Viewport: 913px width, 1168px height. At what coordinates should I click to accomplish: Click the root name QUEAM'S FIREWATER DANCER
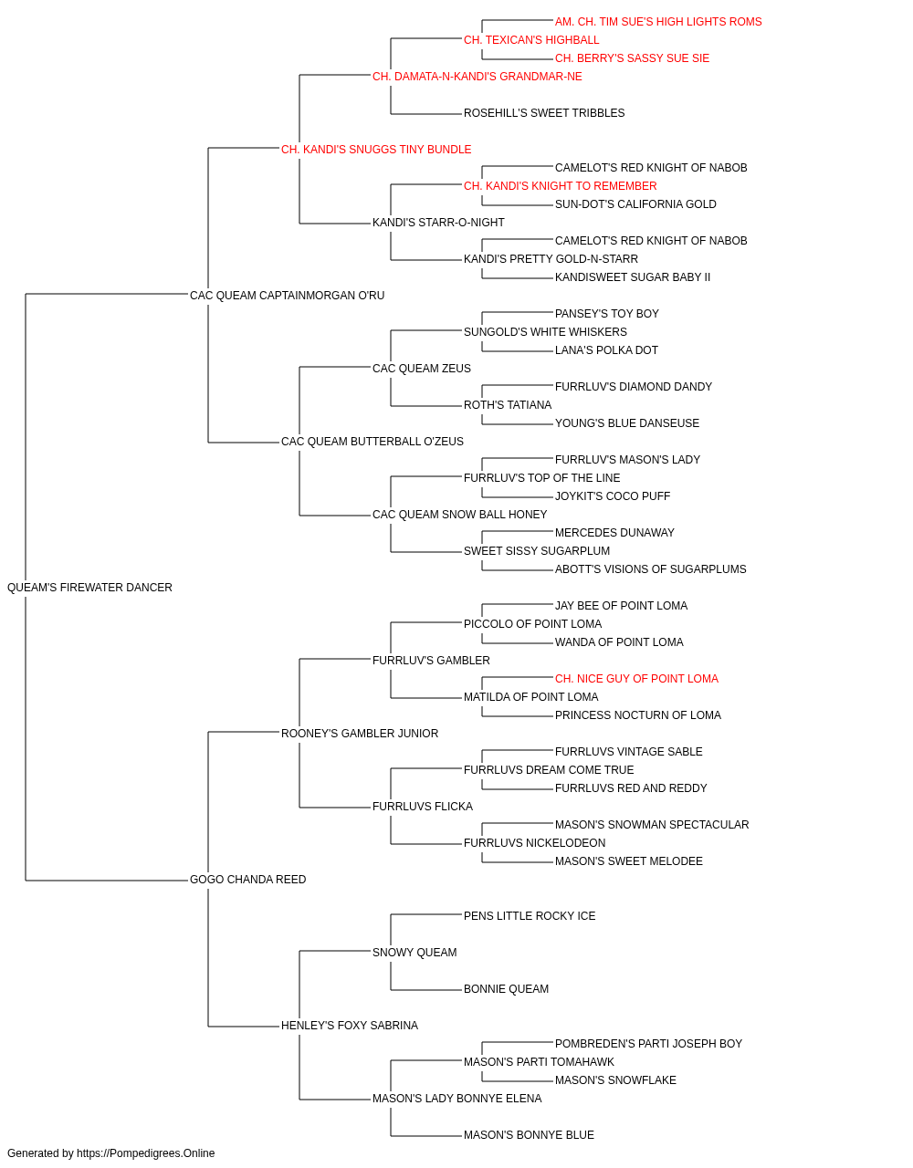(89, 588)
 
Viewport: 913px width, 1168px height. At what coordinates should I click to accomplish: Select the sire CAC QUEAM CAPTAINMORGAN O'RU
(287, 296)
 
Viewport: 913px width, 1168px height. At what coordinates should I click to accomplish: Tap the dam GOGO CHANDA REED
(247, 880)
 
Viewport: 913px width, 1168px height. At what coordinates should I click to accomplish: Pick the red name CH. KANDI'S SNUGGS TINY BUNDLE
(376, 150)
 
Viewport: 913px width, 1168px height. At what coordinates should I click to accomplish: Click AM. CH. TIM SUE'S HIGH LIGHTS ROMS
(658, 22)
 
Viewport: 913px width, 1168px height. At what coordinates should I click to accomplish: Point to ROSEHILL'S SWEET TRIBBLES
(544, 113)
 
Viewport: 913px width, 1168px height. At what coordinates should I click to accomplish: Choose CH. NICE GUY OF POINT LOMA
(636, 678)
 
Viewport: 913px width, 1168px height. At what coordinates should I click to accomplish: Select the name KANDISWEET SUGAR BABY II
(633, 277)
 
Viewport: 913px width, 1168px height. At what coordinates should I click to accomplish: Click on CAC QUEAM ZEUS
(422, 369)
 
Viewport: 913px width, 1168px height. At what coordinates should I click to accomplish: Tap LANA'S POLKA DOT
(606, 350)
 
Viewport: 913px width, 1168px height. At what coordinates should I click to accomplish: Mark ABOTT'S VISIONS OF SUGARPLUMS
(651, 569)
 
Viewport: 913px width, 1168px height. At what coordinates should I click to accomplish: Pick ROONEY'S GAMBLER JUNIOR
(360, 733)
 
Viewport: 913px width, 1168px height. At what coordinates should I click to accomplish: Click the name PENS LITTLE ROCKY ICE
(530, 916)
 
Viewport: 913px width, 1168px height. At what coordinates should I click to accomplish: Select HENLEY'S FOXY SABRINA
(350, 1026)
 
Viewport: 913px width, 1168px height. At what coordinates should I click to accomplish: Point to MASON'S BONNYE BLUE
(530, 1134)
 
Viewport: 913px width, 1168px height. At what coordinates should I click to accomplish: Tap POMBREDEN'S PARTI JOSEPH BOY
(648, 1044)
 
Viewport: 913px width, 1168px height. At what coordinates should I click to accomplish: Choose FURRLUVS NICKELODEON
(534, 843)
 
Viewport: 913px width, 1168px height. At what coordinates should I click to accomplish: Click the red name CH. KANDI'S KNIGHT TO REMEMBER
(561, 186)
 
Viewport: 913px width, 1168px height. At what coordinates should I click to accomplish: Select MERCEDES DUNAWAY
(614, 533)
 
